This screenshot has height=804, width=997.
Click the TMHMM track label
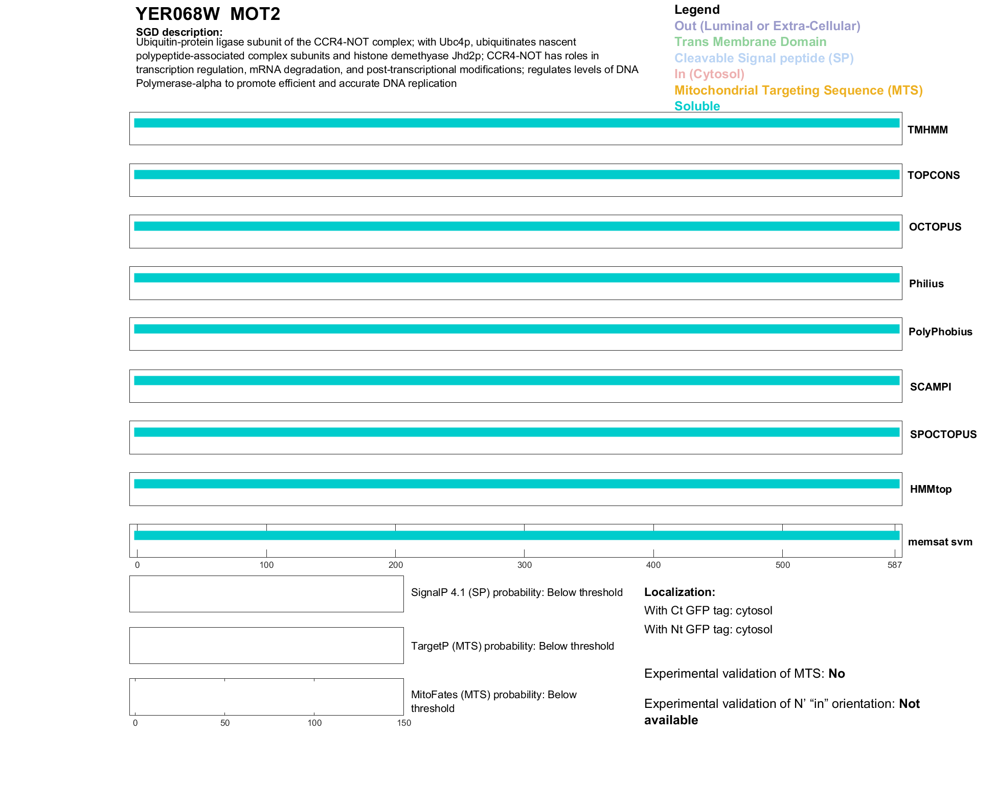click(x=927, y=130)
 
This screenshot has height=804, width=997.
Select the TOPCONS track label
click(x=933, y=175)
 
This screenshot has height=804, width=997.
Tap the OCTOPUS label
click(x=935, y=227)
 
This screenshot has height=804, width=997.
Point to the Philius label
click(x=926, y=284)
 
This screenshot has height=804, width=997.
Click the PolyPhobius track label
click(x=940, y=332)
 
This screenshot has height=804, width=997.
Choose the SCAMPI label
click(x=930, y=387)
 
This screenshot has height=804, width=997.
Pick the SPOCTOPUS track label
click(x=943, y=434)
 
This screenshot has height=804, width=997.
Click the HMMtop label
click(x=931, y=489)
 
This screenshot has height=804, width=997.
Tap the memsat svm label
click(x=940, y=542)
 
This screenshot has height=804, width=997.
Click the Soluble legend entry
click(x=697, y=106)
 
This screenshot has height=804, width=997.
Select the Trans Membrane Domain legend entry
click(x=750, y=42)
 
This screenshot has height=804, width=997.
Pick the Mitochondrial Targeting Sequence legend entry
click(x=798, y=90)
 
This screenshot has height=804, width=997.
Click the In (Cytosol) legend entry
click(x=709, y=74)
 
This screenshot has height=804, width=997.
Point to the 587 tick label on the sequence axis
click(x=894, y=565)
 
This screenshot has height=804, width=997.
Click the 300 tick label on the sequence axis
click(x=524, y=565)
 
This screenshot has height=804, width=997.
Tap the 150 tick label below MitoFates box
click(x=404, y=723)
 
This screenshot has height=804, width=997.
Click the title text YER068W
click(x=177, y=14)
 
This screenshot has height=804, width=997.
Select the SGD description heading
click(x=179, y=32)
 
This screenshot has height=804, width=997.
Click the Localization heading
click(x=679, y=592)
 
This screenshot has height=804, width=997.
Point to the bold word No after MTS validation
click(x=836, y=674)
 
